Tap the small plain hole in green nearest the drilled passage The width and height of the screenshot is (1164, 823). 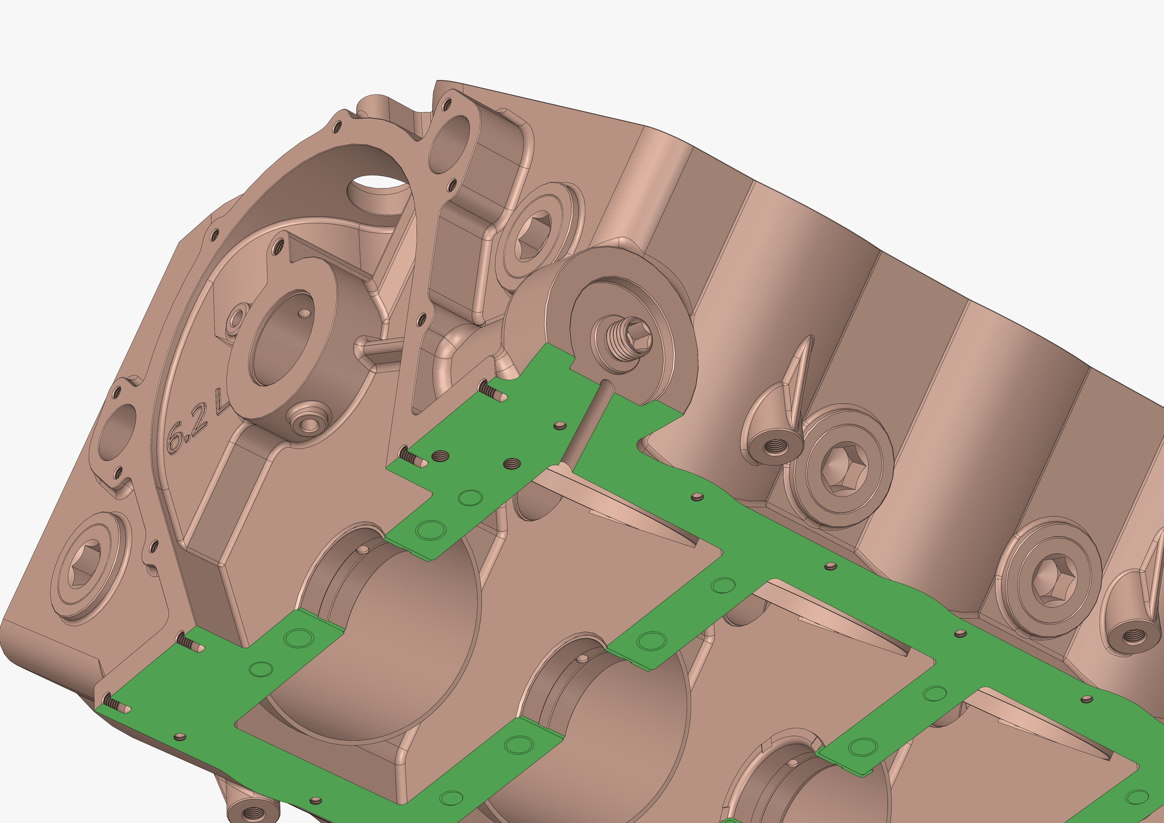(x=560, y=425)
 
